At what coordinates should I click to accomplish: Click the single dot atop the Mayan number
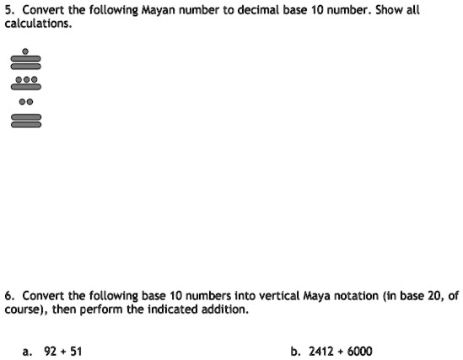tap(25, 51)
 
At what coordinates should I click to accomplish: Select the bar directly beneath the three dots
tap(25, 86)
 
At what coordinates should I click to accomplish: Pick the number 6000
tap(359, 351)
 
